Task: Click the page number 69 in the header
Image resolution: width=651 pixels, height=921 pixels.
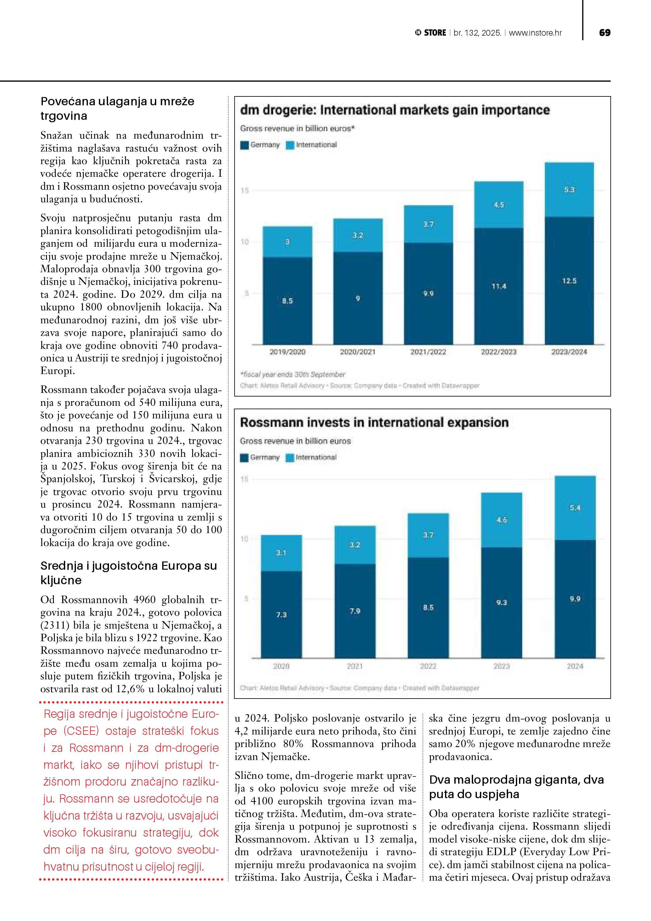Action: (604, 33)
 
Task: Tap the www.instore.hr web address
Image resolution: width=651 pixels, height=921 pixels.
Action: (535, 33)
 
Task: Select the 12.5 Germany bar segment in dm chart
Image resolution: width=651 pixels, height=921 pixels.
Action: (569, 281)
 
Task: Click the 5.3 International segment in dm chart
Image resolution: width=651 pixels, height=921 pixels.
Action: (569, 190)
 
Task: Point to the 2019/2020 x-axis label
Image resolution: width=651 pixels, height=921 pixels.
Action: (288, 352)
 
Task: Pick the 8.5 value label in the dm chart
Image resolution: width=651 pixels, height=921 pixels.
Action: (288, 301)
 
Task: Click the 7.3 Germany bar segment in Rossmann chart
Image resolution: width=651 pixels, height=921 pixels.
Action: (281, 614)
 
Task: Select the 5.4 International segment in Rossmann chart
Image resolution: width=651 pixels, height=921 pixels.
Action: (575, 508)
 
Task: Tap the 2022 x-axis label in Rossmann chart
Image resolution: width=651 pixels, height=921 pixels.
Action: (428, 666)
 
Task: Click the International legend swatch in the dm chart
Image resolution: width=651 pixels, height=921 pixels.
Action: (290, 145)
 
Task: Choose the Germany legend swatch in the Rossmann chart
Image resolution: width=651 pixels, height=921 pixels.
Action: (244, 458)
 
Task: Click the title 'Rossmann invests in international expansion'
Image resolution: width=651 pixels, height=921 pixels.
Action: (374, 423)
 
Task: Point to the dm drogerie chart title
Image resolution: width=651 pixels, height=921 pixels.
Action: (395, 110)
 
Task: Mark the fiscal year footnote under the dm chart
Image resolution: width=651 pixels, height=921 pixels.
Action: (293, 374)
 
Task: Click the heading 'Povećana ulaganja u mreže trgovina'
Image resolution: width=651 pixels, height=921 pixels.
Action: (117, 108)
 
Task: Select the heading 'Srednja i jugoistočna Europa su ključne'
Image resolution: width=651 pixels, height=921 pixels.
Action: (128, 573)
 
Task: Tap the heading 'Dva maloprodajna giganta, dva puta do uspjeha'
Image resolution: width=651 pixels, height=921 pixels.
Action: (516, 787)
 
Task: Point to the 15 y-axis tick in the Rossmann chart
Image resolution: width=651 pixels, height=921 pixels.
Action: (244, 479)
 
